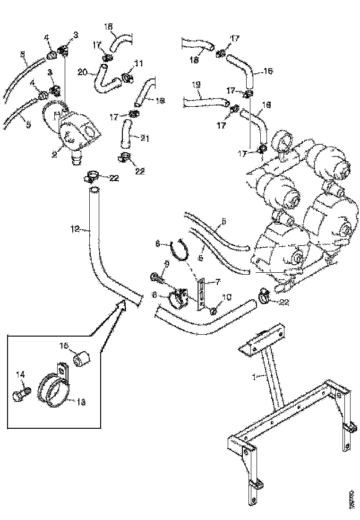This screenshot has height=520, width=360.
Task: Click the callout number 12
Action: [74, 229]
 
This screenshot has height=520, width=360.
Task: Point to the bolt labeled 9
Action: [157, 280]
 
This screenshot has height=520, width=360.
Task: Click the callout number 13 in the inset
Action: [81, 402]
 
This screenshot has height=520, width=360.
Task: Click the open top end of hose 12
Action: [94, 190]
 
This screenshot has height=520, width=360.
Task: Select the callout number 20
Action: [82, 72]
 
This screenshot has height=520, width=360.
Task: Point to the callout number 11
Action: [138, 63]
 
